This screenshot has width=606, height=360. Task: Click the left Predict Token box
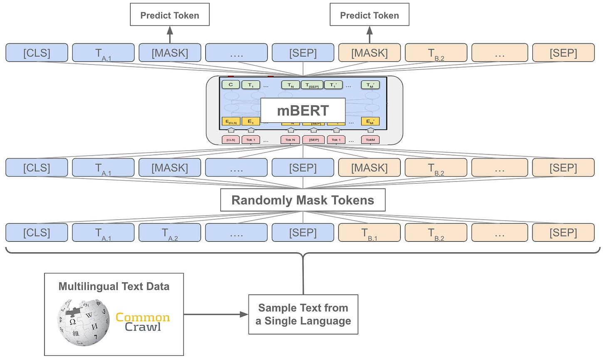coord(169,15)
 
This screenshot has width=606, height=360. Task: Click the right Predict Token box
coord(369,15)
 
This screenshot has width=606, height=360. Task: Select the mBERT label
coord(303,111)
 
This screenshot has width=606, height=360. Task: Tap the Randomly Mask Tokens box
coord(303,200)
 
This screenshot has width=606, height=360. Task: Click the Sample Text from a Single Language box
coord(303,314)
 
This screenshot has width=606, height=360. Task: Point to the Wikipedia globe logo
coord(83,322)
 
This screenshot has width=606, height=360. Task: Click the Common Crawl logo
coord(143,322)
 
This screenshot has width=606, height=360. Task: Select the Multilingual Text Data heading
coord(114,286)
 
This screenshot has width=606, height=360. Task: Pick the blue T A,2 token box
coord(169,233)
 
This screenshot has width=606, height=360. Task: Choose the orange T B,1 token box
coord(369,233)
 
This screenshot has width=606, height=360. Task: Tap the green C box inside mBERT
coord(231,85)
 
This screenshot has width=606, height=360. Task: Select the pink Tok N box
coord(290,140)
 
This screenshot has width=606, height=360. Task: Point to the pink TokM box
coord(370,140)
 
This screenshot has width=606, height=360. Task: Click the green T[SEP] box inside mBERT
coord(312,85)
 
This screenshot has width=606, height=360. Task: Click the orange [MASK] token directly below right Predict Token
coord(369,53)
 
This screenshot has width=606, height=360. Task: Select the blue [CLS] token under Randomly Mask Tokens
coord(37,233)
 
